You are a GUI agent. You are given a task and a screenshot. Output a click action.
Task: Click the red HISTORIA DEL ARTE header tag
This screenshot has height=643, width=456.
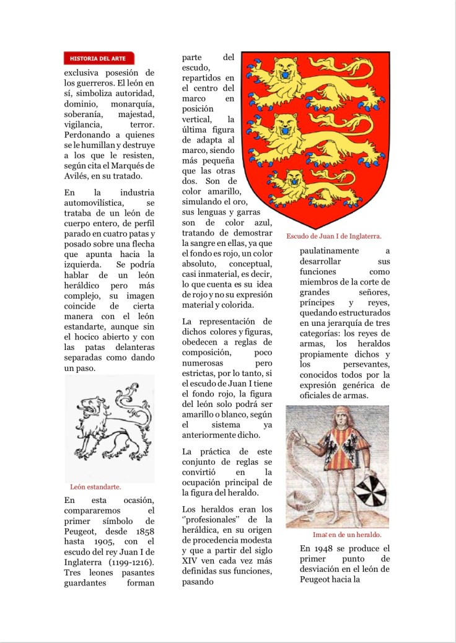point(99,59)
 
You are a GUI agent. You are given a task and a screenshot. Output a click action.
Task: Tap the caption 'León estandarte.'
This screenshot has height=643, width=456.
point(95,487)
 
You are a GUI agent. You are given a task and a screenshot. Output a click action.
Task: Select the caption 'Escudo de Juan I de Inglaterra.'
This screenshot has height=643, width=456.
point(333,236)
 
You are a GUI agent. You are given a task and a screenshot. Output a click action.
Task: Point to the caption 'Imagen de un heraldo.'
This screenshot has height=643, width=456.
point(347,535)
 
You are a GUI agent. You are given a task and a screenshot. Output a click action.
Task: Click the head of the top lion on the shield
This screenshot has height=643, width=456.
point(286,69)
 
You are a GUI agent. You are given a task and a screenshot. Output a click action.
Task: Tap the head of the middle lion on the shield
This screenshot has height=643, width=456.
point(286,125)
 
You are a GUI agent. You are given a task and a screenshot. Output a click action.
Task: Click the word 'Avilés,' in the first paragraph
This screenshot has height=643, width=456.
point(77,175)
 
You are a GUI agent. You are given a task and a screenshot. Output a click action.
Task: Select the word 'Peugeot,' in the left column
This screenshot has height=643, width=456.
point(83,532)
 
